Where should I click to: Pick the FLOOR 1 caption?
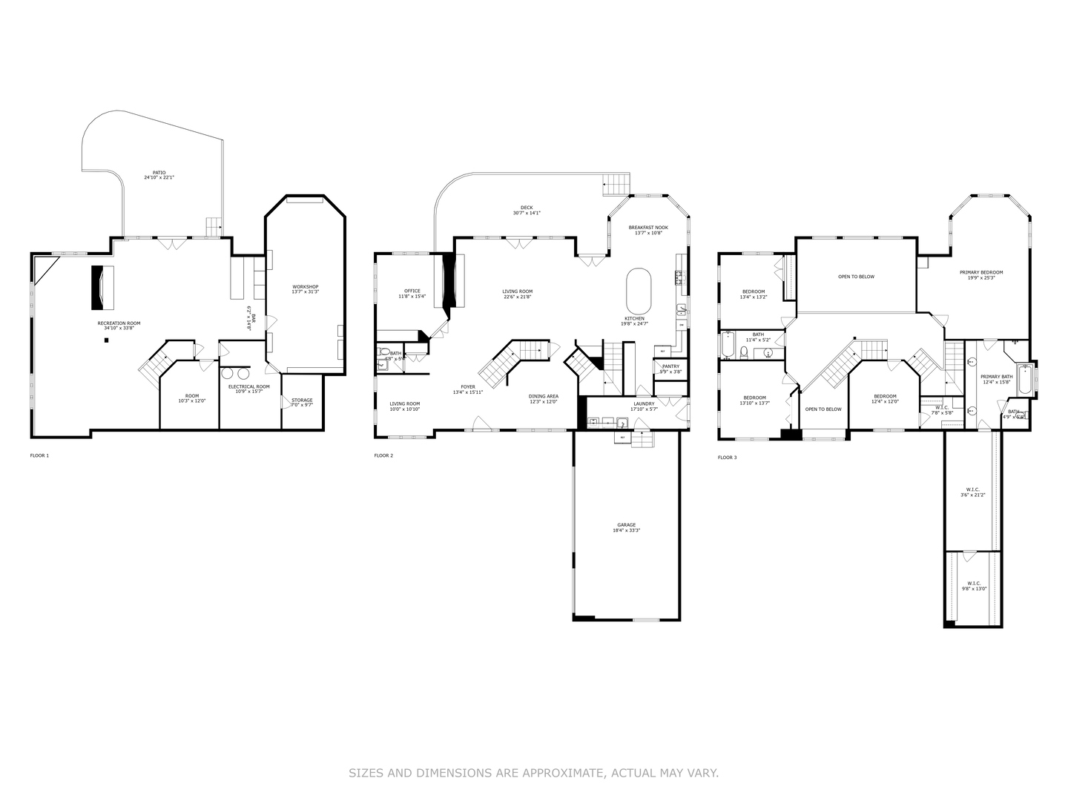point(39,455)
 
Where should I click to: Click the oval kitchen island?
point(639,291)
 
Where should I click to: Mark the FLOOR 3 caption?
point(728,458)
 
